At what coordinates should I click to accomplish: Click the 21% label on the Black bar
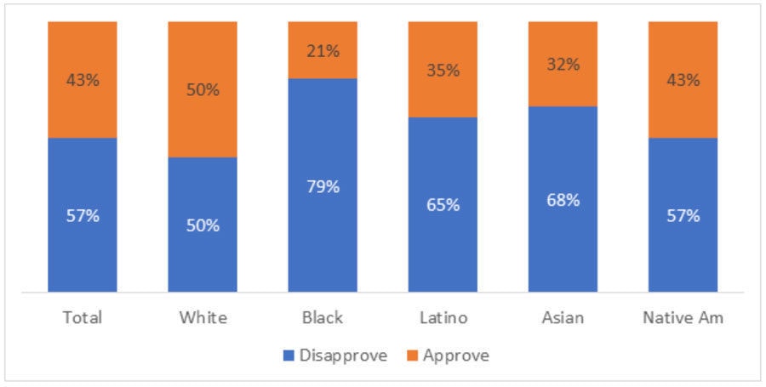(323, 51)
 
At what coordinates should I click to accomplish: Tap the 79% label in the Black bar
(323, 186)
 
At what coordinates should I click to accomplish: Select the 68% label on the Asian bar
(563, 200)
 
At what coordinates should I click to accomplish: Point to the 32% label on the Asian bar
(563, 64)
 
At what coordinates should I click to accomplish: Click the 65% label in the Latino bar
(443, 205)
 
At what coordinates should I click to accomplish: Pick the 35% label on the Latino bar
(443, 70)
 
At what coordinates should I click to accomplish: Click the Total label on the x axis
(83, 317)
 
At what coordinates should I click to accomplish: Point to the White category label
(203, 317)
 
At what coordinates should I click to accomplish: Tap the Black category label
(323, 317)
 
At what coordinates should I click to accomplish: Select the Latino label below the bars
(443, 317)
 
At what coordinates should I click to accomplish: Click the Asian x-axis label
(563, 317)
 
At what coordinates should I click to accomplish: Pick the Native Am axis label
(683, 317)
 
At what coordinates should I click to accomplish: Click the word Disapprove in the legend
(343, 356)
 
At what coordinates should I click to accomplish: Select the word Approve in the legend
(456, 356)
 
